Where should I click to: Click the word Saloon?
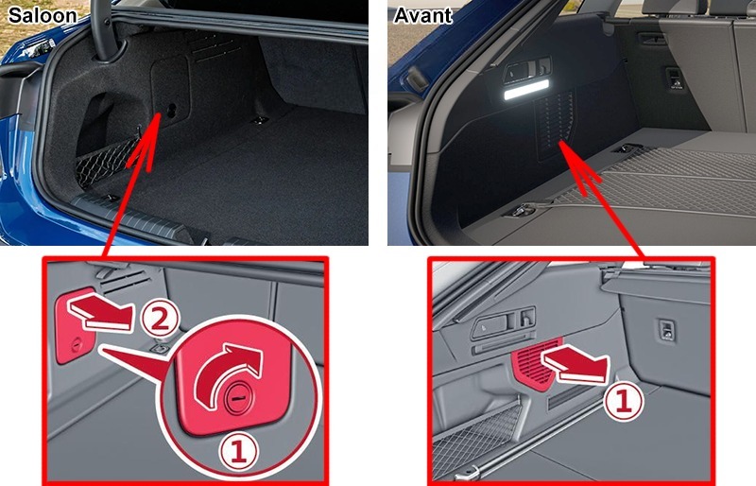pyautogui.click(x=43, y=15)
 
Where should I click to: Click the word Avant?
pyautogui.click(x=422, y=15)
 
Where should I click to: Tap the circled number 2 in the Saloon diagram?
pyautogui.click(x=160, y=319)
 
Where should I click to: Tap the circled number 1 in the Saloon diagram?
pyautogui.click(x=239, y=452)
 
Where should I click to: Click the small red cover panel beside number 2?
pyautogui.click(x=77, y=327)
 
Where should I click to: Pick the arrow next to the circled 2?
pyautogui.click(x=100, y=313)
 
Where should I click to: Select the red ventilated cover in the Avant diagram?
pyautogui.click(x=536, y=362)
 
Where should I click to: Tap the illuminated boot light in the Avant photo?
pyautogui.click(x=526, y=90)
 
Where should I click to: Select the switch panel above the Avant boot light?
pyautogui.click(x=527, y=71)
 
